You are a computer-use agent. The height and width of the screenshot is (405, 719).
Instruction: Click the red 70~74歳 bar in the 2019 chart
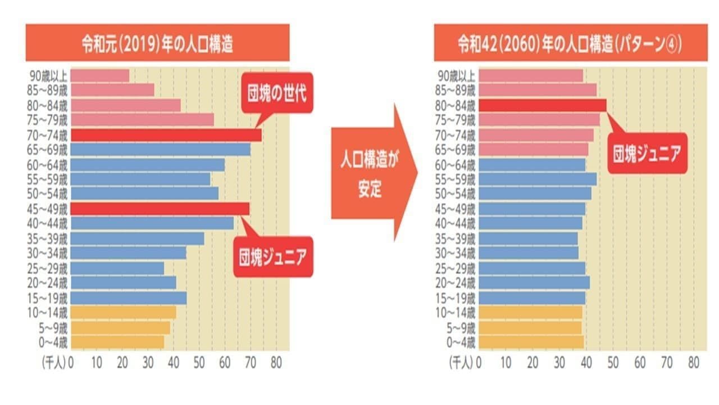[166, 135]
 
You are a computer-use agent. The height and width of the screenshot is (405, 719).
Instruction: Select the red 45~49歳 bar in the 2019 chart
[160, 209]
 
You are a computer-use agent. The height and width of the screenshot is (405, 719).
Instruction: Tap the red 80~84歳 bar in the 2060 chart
[542, 105]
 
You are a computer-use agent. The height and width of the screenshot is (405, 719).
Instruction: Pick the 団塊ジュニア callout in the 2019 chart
[273, 258]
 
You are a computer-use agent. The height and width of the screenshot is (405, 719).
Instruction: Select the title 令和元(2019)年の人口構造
[157, 43]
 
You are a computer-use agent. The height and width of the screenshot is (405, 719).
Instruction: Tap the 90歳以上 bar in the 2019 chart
[100, 75]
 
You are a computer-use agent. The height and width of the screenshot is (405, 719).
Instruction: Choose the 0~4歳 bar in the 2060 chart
[531, 341]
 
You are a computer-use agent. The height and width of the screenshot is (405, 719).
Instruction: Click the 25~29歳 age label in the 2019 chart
[49, 268]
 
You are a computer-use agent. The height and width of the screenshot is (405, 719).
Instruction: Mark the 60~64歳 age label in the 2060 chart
[456, 164]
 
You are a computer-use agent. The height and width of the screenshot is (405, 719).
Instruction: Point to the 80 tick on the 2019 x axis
[276, 363]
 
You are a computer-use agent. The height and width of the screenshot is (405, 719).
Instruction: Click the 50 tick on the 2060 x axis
[613, 363]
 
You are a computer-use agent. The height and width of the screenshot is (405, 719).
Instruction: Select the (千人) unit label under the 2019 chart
[54, 363]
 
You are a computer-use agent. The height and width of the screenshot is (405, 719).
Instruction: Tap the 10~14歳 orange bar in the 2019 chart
[123, 312]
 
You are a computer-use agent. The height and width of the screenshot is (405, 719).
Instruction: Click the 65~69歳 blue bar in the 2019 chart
[160, 150]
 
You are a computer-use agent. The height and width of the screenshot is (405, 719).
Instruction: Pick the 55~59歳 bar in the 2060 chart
[538, 179]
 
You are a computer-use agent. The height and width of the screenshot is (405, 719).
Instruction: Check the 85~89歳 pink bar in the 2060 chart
[538, 90]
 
